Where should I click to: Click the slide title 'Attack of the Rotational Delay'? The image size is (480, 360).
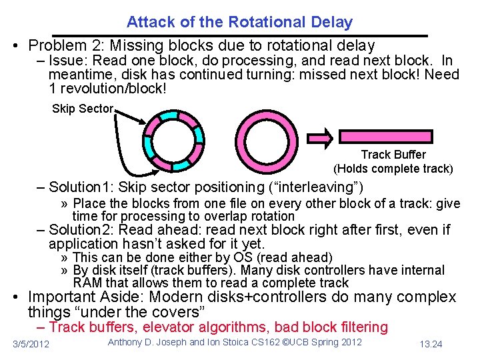click(x=239, y=22)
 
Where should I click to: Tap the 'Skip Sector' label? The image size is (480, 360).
click(x=83, y=109)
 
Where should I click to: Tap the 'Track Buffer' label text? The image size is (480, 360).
click(x=393, y=155)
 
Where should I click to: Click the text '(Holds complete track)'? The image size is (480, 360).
click(x=393, y=169)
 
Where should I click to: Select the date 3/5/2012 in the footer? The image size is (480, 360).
click(x=31, y=344)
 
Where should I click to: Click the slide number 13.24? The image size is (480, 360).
click(x=432, y=344)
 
